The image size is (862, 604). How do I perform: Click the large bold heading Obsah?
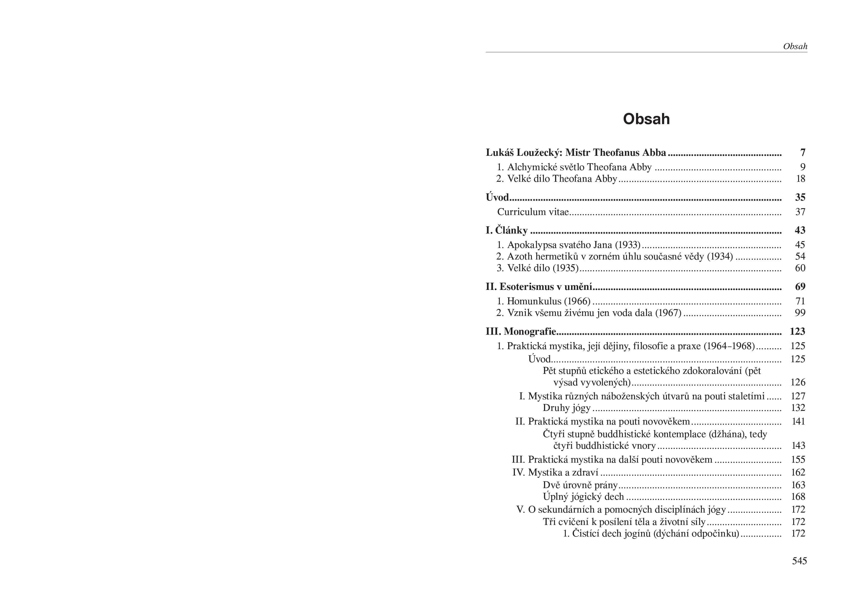pos(646,119)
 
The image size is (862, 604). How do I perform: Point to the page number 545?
pos(799,560)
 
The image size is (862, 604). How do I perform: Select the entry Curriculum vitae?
pos(533,212)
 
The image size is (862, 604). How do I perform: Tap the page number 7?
pos(803,153)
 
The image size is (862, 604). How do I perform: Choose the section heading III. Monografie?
pos(521,331)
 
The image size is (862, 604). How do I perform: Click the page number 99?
pos(800,313)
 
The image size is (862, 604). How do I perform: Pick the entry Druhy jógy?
pos(566,408)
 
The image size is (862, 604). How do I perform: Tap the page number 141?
pos(798,421)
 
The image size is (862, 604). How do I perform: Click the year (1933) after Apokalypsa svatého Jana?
pos(627,245)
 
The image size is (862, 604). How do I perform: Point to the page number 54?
pos(800,257)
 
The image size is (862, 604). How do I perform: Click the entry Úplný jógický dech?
pos(583,497)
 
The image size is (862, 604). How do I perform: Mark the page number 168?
pos(798,497)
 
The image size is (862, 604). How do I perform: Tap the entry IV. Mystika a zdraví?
pos(555,472)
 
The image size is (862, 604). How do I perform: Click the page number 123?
pos(797,331)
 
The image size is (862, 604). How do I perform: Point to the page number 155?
pos(798,460)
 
